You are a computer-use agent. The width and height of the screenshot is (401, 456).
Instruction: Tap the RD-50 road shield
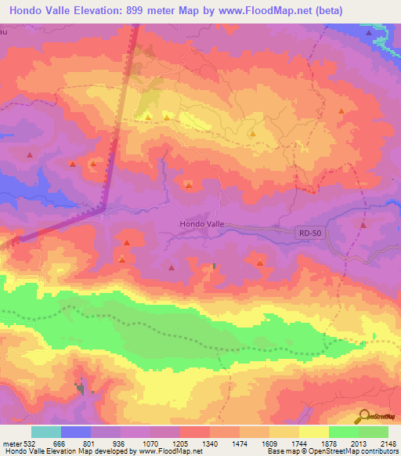click(309, 233)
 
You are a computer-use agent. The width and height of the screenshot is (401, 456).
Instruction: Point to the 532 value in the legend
click(24, 443)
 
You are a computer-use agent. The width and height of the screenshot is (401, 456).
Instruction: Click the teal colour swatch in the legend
click(46, 432)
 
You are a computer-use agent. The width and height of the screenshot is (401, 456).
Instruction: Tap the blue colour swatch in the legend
click(76, 432)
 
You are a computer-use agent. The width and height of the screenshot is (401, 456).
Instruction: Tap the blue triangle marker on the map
click(368, 33)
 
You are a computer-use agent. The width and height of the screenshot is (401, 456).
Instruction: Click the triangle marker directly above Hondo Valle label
click(188, 186)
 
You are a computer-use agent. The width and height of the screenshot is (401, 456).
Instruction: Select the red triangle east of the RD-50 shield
click(363, 226)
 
